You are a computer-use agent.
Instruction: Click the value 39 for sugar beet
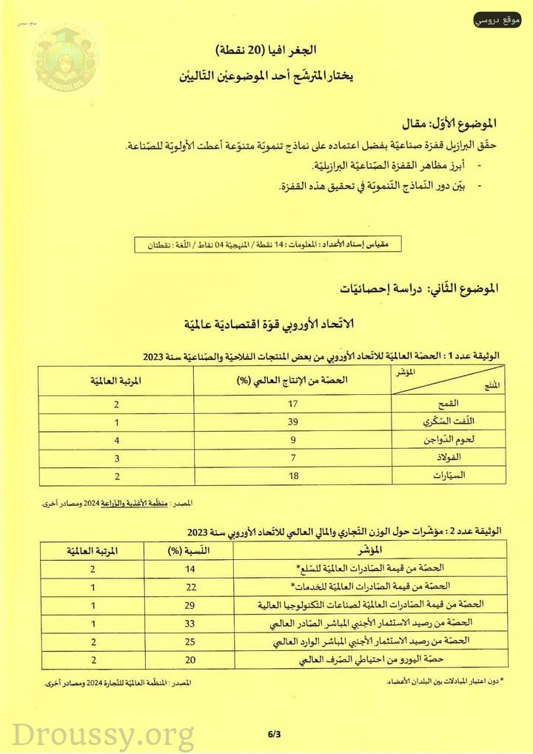click(294, 421)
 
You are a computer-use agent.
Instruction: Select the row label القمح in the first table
click(469, 404)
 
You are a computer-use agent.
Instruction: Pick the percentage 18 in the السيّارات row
click(294, 476)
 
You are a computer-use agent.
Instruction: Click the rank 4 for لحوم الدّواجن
click(116, 440)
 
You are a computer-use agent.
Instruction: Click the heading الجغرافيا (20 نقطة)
click(266, 50)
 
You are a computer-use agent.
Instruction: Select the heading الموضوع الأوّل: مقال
click(459, 122)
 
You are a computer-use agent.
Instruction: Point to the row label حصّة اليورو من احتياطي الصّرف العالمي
click(415, 658)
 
